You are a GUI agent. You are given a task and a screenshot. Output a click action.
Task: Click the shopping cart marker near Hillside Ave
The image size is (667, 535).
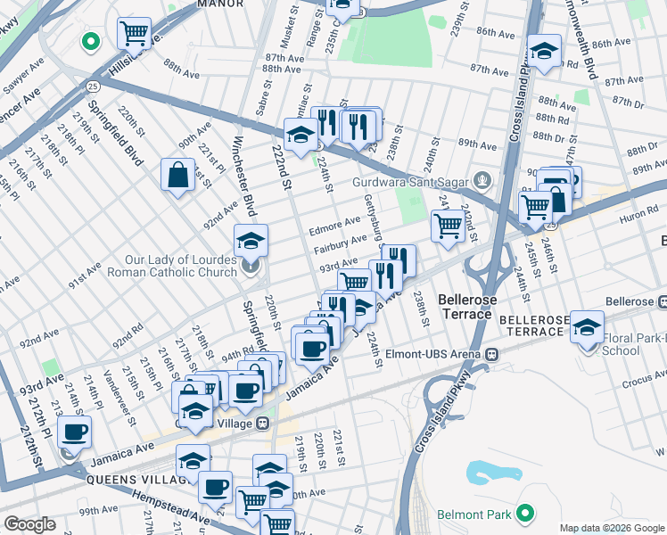[134, 34]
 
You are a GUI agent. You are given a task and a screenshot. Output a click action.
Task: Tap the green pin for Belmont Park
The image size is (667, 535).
[525, 514]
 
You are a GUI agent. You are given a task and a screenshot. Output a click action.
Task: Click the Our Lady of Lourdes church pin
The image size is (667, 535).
[251, 264]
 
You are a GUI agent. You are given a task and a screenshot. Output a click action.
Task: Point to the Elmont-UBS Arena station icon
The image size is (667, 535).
[491, 353]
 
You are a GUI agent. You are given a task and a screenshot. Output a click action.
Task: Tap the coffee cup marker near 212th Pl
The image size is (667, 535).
[75, 432]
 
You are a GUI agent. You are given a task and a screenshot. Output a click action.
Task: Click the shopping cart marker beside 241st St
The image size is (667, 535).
[448, 226]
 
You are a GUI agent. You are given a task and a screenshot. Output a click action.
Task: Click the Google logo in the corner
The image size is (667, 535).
[29, 524]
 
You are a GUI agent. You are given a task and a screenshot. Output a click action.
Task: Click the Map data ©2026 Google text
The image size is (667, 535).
[612, 528]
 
